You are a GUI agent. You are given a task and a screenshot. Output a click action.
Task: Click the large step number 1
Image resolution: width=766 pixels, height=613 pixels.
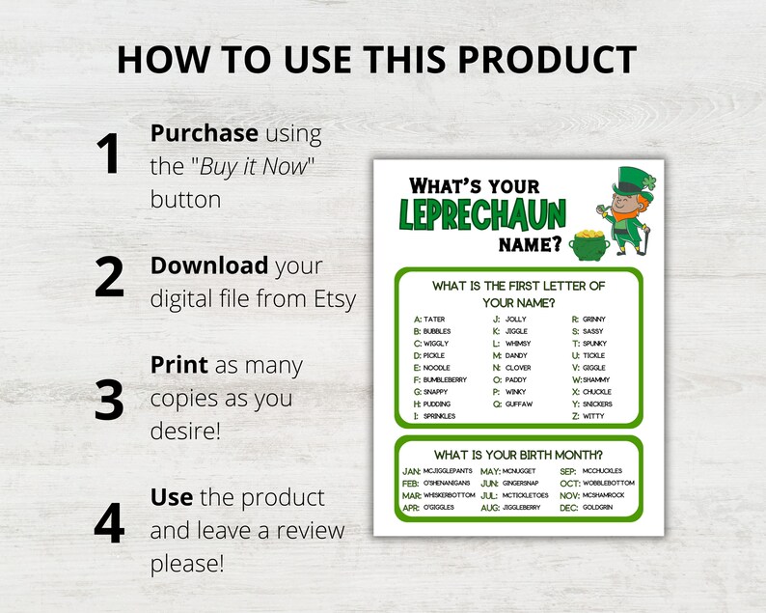tap(110, 154)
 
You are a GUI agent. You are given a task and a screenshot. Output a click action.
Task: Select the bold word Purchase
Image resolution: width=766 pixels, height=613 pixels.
tap(204, 133)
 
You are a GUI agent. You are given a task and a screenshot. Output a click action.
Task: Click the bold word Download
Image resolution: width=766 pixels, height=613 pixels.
tap(209, 265)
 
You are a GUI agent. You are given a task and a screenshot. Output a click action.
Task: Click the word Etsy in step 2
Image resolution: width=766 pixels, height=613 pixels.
tap(330, 298)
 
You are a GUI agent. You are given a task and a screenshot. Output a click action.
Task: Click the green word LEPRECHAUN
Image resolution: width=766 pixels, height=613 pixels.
tap(484, 213)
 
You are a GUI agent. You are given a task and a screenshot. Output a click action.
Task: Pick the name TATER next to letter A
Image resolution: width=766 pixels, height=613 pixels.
tap(434, 319)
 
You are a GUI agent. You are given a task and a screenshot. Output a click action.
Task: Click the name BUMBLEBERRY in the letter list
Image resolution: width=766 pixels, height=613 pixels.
tap(445, 379)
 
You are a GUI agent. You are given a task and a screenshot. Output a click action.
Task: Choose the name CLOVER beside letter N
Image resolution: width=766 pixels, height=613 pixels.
tap(518, 368)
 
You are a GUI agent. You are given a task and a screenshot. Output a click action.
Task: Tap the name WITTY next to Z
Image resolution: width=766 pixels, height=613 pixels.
tap(594, 416)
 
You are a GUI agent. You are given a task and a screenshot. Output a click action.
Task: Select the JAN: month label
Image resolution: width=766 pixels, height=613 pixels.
tap(411, 470)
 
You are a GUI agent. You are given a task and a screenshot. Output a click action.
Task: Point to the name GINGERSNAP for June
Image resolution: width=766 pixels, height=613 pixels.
tap(524, 483)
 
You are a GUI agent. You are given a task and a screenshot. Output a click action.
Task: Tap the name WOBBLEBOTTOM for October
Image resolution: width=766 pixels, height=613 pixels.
tap(609, 483)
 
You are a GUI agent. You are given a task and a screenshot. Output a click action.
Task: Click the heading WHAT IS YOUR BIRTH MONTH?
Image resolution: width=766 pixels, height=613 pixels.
tap(518, 454)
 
